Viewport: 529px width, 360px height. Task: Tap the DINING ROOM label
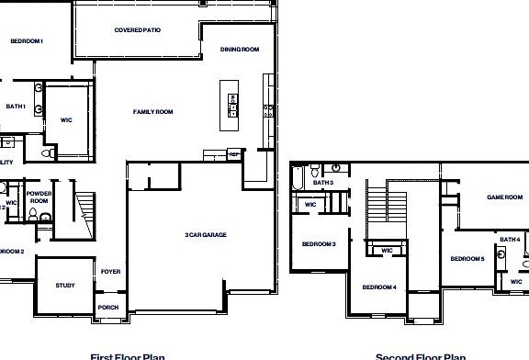[241, 49]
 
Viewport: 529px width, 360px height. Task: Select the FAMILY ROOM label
[152, 112]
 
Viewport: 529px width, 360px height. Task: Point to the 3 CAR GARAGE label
[205, 235]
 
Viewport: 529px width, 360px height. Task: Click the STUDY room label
[64, 286]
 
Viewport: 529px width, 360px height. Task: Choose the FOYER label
[110, 272]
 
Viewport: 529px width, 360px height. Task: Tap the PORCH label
[108, 307]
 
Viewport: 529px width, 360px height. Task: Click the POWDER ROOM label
[39, 197]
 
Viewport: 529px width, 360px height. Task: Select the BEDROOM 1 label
[27, 41]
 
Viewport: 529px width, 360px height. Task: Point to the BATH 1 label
[16, 107]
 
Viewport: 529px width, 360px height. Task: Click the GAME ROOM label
[503, 197]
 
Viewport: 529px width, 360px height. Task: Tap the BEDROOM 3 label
[319, 243]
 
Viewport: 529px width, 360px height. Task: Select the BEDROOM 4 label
[378, 287]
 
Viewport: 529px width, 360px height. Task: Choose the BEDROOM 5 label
[467, 259]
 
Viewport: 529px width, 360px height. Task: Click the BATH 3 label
[322, 183]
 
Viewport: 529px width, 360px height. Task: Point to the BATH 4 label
[510, 240]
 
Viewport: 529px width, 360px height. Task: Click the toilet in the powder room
[32, 217]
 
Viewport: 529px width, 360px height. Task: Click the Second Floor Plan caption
[421, 356]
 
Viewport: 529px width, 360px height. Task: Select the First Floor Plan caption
[127, 356]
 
